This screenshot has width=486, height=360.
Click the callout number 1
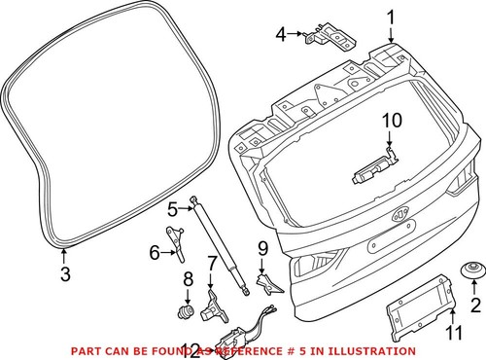[391, 17]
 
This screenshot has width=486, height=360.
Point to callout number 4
[282, 35]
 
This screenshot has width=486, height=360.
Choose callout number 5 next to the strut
[171, 208]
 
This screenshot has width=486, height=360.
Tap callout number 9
[261, 250]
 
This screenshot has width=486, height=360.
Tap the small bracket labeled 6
[176, 237]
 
